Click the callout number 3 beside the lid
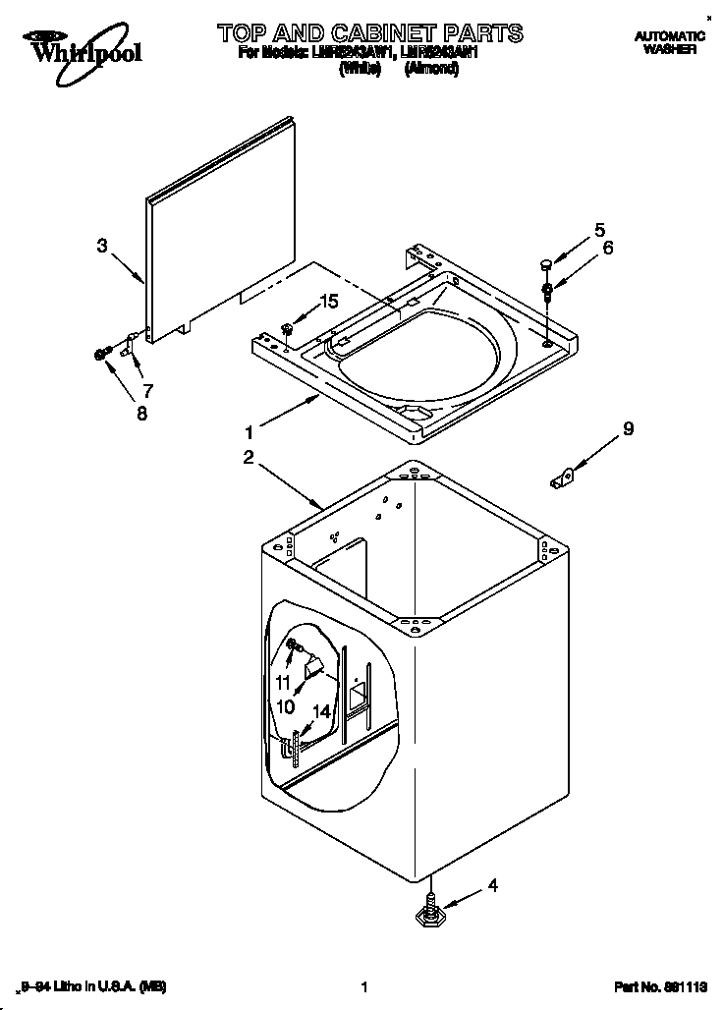pos(101,246)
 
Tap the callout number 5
pos(599,232)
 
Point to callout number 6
pos(607,249)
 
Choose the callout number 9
pos(627,428)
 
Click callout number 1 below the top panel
pos(250,431)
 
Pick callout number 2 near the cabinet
pos(249,457)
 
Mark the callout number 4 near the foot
pos(493,886)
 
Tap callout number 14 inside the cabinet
pos(321,710)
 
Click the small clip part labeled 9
pos(561,478)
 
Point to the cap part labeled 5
pos(542,263)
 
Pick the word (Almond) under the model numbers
pos(431,70)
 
